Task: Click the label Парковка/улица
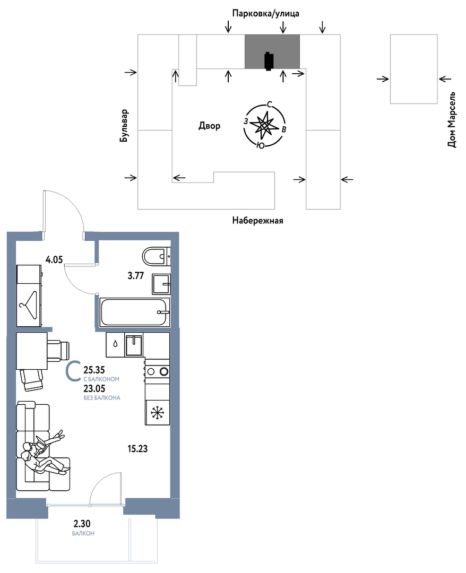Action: pos(266,13)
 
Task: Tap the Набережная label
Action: pos(257,220)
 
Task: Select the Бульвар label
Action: pos(125,126)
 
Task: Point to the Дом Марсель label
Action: pos(452,120)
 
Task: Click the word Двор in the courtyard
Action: pos(210,126)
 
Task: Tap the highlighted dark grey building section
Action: pos(272,51)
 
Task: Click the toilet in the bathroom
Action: pos(156,256)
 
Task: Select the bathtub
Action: pos(135,312)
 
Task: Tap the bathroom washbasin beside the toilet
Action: pos(161,284)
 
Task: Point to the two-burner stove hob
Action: pos(158,371)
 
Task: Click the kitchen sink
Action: pos(134,345)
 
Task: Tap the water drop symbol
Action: pos(116,344)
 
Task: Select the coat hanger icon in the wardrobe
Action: pos(29,300)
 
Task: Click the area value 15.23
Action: pos(137,448)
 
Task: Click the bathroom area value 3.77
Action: pos(135,275)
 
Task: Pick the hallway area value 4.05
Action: pos(54,260)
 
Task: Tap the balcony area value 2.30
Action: pos(82,525)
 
